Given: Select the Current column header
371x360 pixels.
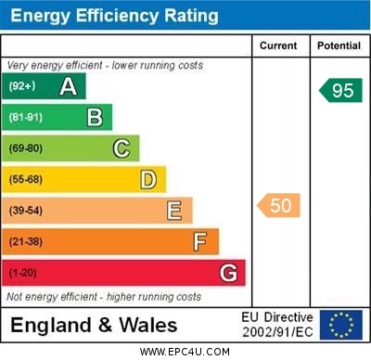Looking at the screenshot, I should coord(278,45).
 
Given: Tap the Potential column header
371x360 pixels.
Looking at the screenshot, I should coord(339,45).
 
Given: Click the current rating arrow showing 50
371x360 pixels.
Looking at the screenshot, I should coord(279,205).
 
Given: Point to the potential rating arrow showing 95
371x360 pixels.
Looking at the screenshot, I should coord(339,90).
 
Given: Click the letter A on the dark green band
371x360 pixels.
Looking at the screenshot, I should coord(68,87).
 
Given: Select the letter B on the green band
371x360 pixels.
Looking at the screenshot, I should coord(95,118).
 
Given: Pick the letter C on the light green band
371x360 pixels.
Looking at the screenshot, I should coord(122,148).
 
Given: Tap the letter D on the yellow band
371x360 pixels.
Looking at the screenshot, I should coord(148,179).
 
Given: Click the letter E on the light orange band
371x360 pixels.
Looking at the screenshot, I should coord(174,211).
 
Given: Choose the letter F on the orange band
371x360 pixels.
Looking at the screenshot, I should coord(200,242).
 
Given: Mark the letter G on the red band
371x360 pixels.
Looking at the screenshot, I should coord(227,273).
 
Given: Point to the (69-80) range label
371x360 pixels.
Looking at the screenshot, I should coord(26,148).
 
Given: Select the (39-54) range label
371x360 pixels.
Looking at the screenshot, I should coord(26,211).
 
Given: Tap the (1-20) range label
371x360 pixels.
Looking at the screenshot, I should coord(23,273).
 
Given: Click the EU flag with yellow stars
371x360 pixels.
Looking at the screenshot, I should coord(340,325).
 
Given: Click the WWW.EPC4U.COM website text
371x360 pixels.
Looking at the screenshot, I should coord(185,352).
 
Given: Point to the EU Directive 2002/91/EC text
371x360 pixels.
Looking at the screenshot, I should coord(278,325).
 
